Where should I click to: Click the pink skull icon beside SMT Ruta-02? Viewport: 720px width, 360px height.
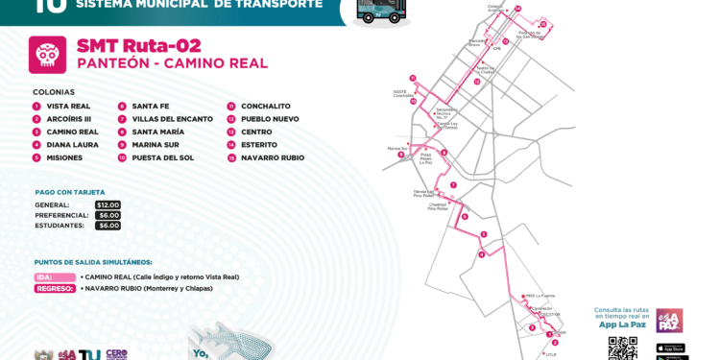click(47, 55)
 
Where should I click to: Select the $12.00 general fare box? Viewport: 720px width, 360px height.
click(108, 204)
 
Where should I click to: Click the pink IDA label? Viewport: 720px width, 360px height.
click(55, 277)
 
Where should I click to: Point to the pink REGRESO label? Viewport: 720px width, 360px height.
click(55, 288)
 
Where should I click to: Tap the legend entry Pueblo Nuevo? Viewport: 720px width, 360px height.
click(270, 119)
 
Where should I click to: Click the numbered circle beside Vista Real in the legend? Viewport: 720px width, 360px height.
click(36, 107)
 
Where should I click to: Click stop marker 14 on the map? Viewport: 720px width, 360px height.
click(517, 9)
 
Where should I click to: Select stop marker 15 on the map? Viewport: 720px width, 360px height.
click(542, 24)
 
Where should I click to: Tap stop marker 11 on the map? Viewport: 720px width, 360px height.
click(412, 78)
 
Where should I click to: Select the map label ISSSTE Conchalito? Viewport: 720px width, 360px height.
click(403, 94)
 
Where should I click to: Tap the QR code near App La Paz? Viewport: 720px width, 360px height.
click(622, 348)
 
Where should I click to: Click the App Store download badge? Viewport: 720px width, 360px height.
click(670, 348)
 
